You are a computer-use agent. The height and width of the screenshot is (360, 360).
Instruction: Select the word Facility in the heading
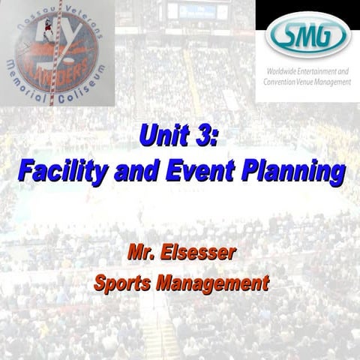[x=59, y=172]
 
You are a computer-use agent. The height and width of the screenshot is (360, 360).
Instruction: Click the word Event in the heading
[x=211, y=172]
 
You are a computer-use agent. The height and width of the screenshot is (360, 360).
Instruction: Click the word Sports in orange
[x=124, y=283]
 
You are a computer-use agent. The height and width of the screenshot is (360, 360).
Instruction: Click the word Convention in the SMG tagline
[x=285, y=82]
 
